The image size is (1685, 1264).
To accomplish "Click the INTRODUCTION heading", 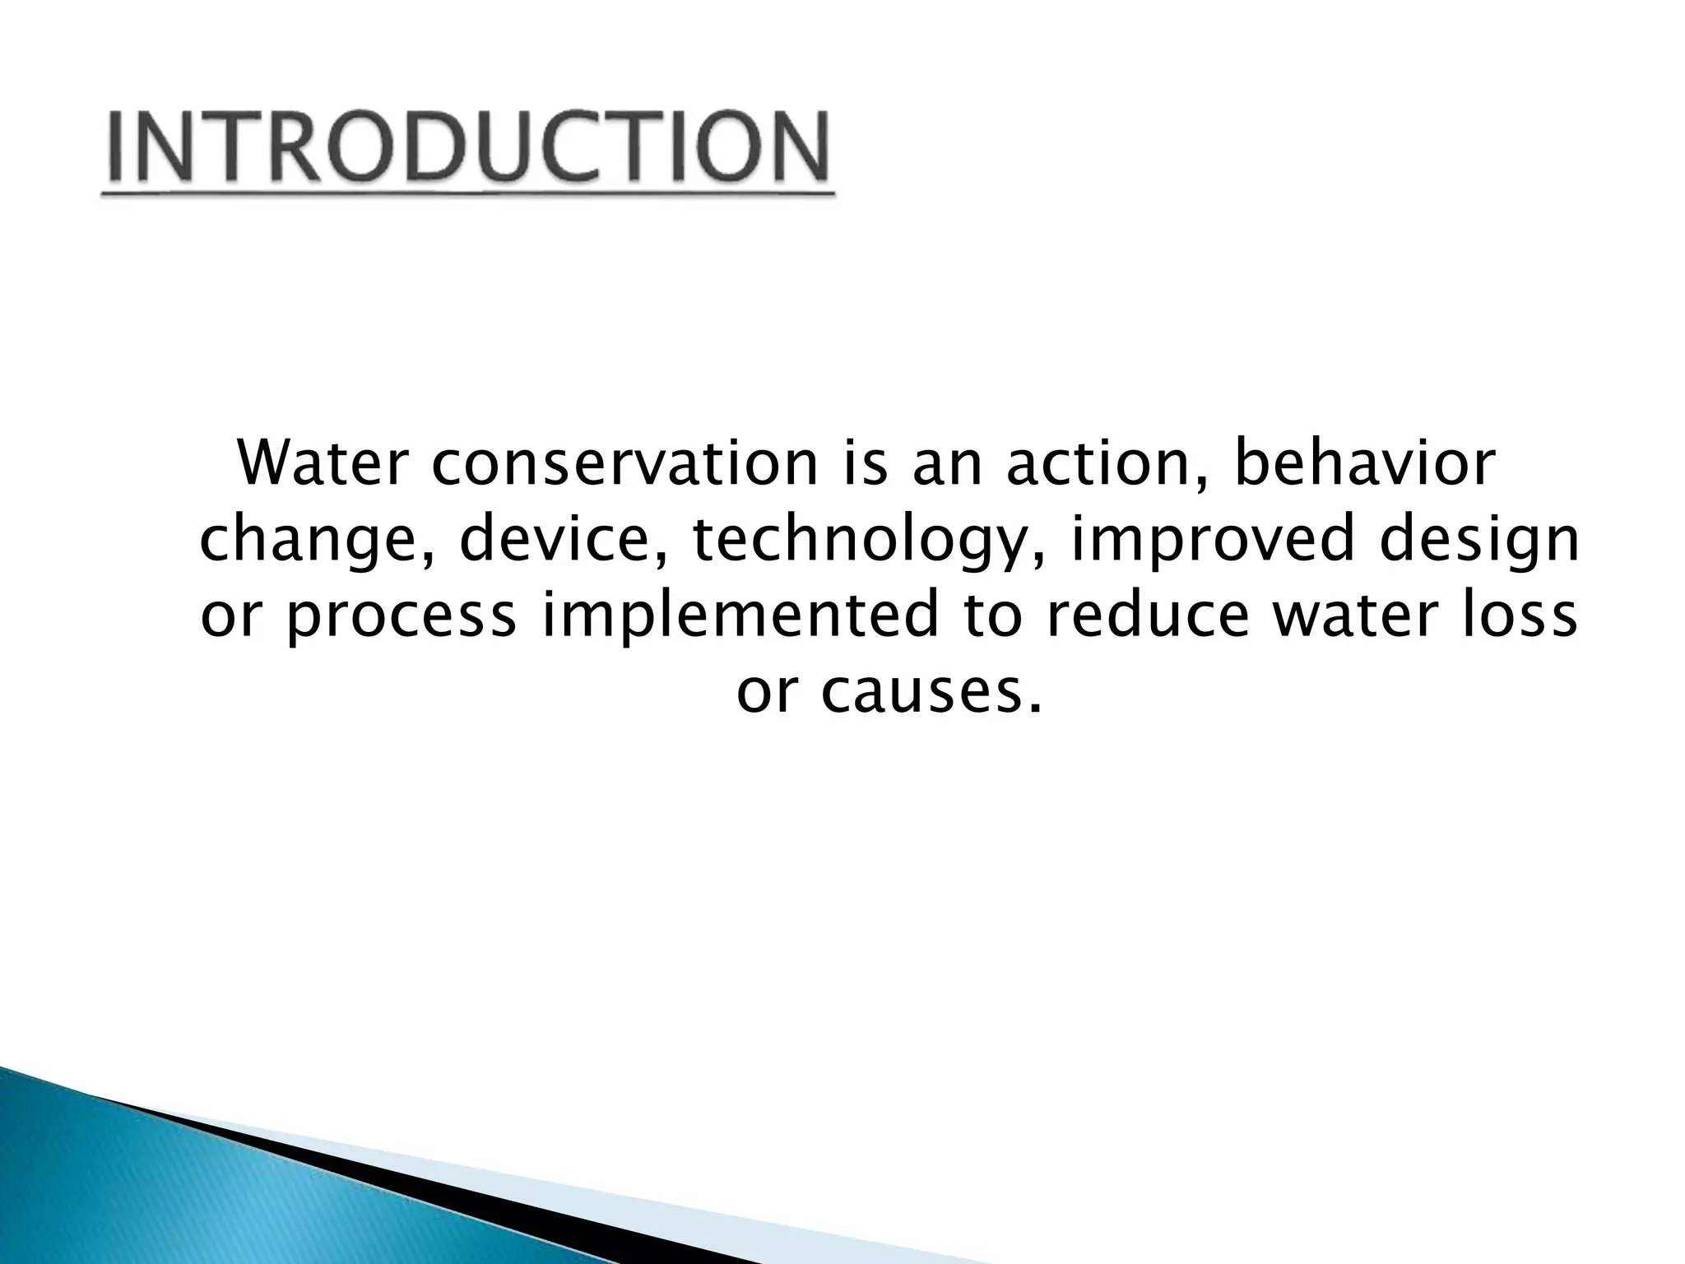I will point(467,148).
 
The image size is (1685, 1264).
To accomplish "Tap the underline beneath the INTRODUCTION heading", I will point(467,194).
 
